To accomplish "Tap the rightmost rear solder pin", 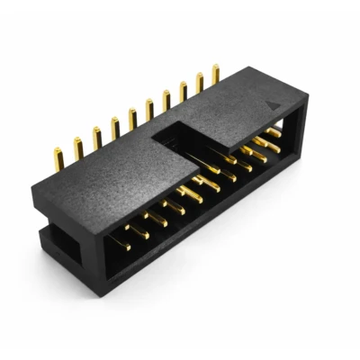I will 215,75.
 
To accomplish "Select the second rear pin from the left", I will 77,146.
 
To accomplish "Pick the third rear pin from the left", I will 96,137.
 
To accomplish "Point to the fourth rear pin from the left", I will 115,128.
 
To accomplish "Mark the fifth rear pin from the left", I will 132,119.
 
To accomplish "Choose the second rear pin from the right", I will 199,83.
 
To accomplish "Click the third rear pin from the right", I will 183,91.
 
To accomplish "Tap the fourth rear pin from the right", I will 166,98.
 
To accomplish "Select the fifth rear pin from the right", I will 149,108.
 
